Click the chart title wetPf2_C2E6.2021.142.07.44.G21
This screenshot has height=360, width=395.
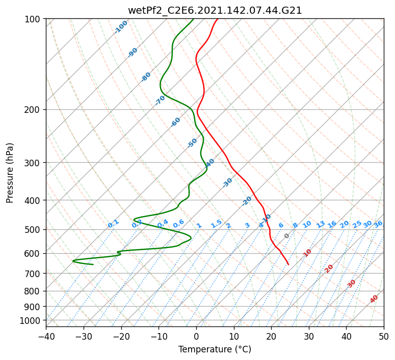point(215,10)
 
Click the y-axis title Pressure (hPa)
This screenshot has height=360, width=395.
point(10,172)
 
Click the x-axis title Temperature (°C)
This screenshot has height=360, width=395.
point(215,350)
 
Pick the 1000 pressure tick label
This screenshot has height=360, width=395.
point(31,320)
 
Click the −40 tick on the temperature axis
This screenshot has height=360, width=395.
point(46,336)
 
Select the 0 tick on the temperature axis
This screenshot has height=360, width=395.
point(196,336)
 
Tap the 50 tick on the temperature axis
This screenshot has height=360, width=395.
point(384,336)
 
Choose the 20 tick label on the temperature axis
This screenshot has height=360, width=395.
point(271,336)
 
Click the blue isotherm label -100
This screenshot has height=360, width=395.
point(121,27)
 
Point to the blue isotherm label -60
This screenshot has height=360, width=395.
point(175,122)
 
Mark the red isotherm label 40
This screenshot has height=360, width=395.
point(374,299)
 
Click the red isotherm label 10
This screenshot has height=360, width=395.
point(307,253)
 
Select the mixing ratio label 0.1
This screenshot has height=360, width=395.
point(113,223)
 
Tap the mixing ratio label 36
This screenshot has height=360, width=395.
point(378,224)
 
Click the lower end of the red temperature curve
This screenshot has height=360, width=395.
point(288,264)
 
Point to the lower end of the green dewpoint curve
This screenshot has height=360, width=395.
point(93,264)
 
